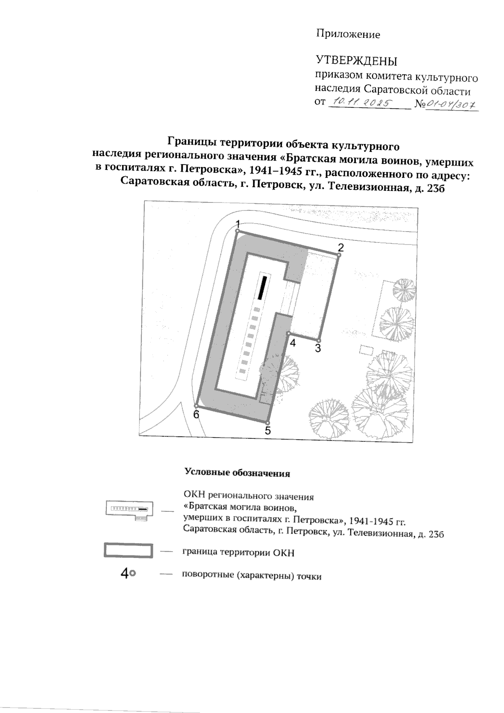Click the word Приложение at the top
click(x=348, y=35)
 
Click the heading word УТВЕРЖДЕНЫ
click(x=356, y=61)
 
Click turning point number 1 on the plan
click(x=237, y=231)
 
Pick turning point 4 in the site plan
click(x=289, y=333)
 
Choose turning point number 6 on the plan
click(x=196, y=405)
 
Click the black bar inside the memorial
click(x=263, y=288)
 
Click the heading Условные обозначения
click(x=237, y=473)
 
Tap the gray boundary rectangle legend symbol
click(x=128, y=551)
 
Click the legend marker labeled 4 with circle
click(x=128, y=574)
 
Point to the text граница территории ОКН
click(x=239, y=552)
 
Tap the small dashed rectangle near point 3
click(x=366, y=350)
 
